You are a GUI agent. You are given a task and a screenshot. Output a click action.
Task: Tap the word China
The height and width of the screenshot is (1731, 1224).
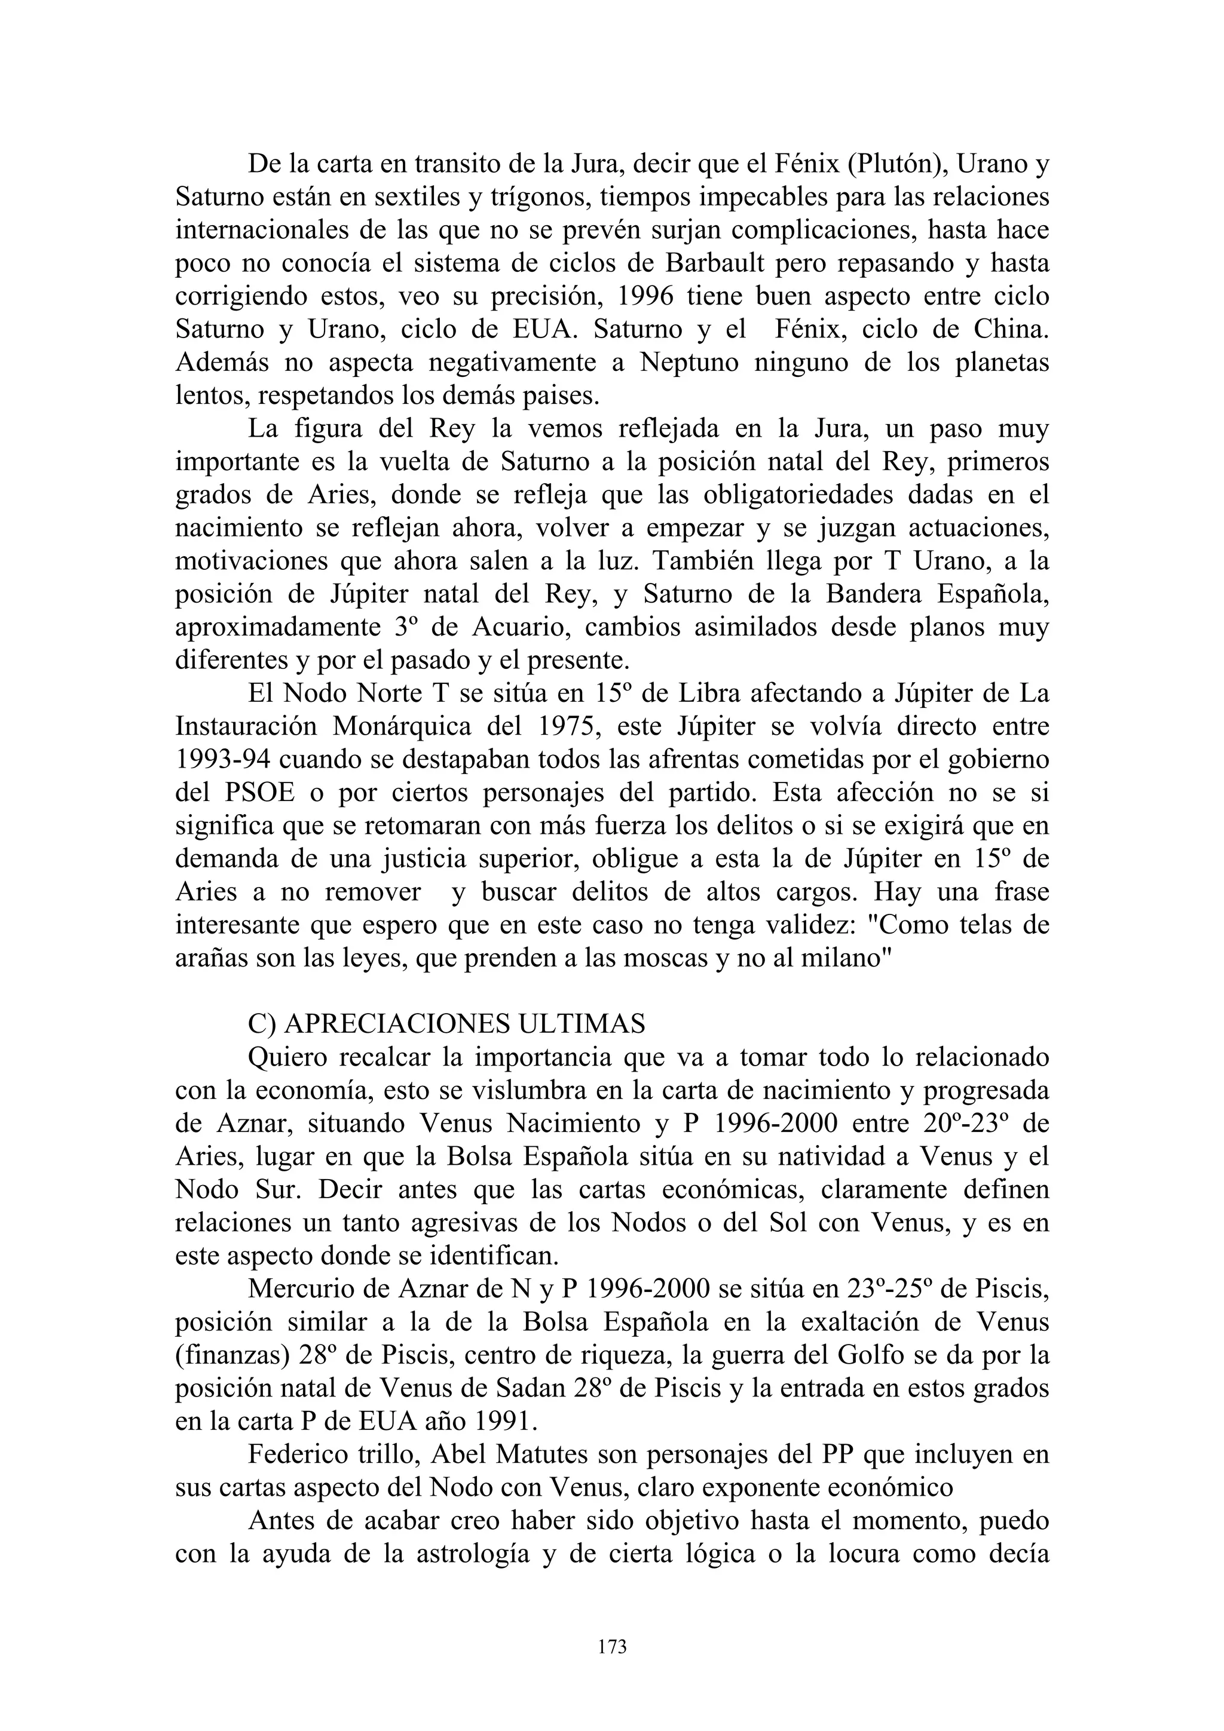1011,330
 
